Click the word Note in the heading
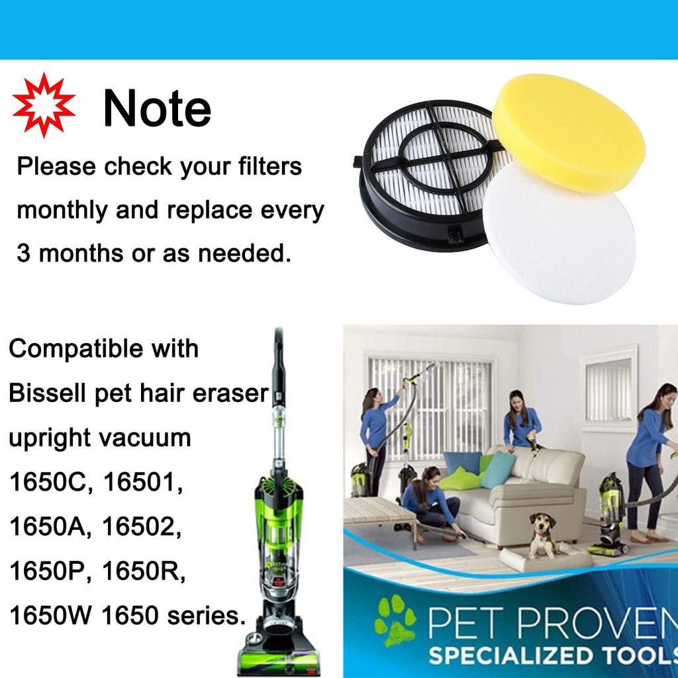(x=157, y=109)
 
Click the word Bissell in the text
(x=47, y=393)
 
